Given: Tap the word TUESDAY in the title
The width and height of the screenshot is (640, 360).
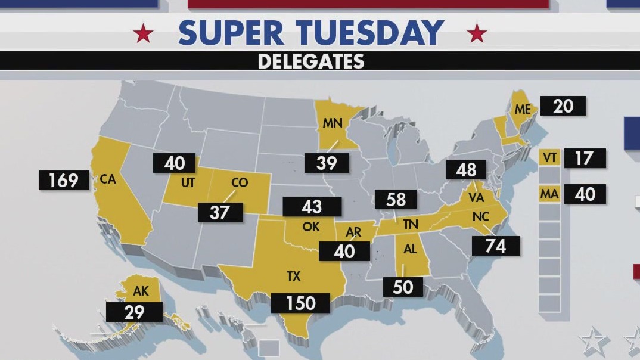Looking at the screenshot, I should pos(371,33).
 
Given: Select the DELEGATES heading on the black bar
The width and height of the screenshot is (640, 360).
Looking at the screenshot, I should pos(311,61).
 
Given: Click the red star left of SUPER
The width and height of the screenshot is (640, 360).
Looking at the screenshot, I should pos(143,33).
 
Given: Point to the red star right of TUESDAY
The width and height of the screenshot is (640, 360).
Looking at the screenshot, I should pos(477,33).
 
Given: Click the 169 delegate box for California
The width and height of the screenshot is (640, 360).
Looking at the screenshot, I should pos(64,180).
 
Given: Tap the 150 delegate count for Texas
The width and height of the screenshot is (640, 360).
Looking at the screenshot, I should pos(300,303).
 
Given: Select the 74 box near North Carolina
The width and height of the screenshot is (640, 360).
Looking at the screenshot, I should pos(495,246).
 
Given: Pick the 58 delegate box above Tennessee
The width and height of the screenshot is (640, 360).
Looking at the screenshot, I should pos(396,200).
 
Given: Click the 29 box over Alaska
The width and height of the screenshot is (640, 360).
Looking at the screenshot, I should pos(134,312).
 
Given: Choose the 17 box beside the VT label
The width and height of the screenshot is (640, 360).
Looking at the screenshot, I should pos(585,159).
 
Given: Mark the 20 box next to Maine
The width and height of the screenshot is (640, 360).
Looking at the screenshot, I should pos(563,106).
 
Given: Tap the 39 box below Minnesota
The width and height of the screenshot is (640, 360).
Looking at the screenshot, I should pos(327,163).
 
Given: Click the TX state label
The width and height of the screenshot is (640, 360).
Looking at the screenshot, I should pos(293,277).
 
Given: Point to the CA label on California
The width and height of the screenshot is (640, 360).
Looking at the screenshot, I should pos(108,179).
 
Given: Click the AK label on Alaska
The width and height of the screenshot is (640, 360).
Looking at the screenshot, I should pos(141,292).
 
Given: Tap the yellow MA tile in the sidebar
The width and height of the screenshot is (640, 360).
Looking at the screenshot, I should pos(549,194).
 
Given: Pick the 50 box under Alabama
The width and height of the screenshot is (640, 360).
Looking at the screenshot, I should pos(403,287).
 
